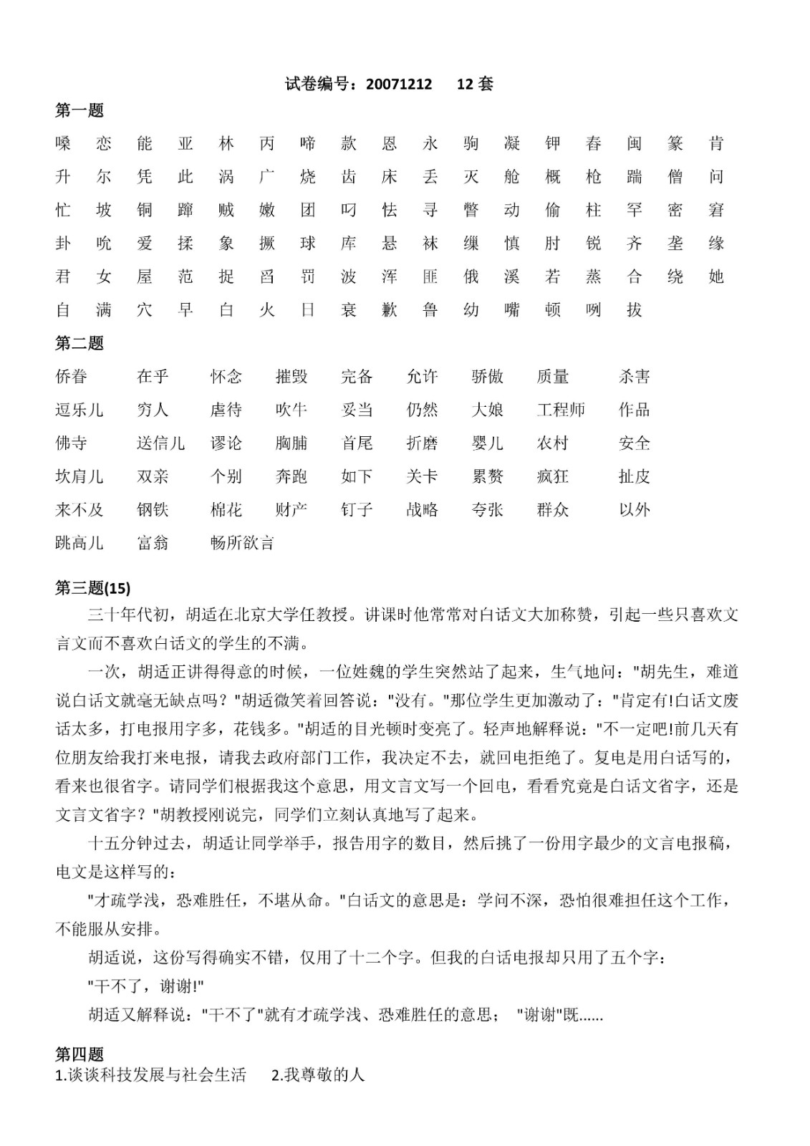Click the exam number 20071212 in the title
pos(399,85)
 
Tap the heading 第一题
pos(79,110)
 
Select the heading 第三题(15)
pos(93,588)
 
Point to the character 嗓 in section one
pos(63,144)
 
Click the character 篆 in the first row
pos(675,144)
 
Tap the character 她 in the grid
pos(716,276)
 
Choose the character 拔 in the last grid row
pos(635,310)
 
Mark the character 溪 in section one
pos(512,276)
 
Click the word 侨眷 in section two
pos(72,377)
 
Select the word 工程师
pos(561,410)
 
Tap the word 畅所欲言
pos(242,543)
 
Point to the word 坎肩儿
pos(79,476)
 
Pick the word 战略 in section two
pos(422,510)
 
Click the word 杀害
pos(635,377)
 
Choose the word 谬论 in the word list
pos(226,443)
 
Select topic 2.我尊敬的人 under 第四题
pos(318,1074)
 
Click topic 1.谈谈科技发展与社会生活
pos(150,1074)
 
